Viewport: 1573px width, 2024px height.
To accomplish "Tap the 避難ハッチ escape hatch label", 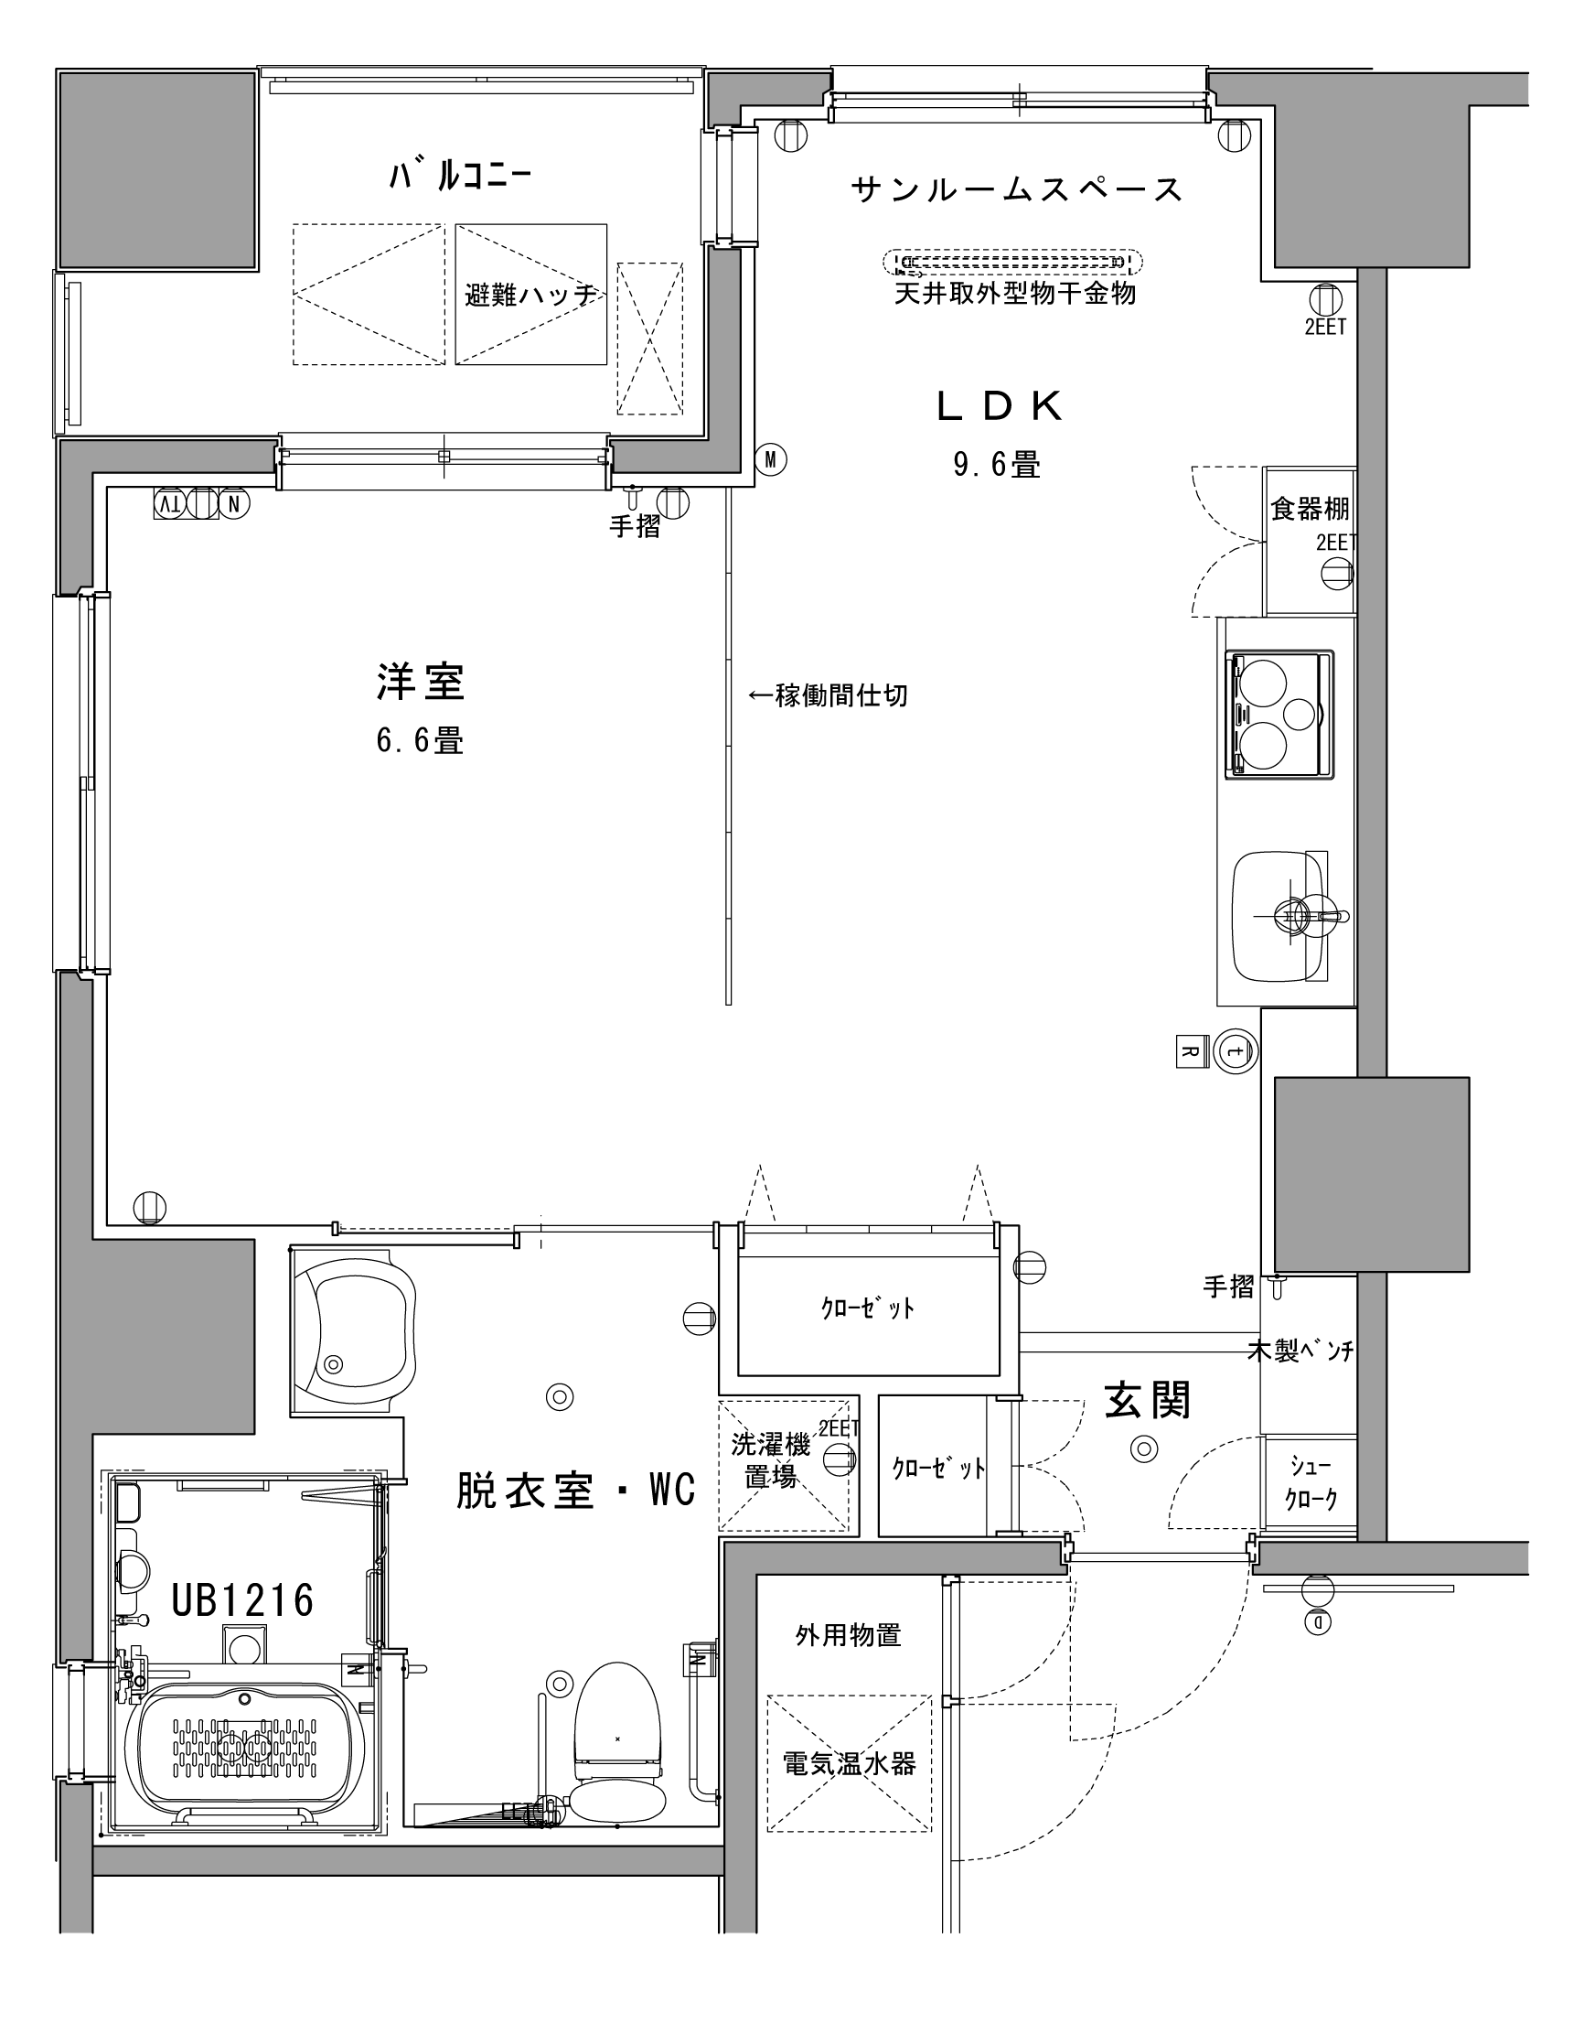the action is point(530,296).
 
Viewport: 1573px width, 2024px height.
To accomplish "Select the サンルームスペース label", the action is point(1017,190).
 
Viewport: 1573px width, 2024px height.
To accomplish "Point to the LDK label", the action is point(1000,406).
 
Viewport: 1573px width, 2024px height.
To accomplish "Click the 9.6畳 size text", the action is point(997,463).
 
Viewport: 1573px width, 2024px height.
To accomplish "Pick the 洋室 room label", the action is point(421,681).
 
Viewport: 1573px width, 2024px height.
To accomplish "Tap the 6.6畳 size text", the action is point(420,740).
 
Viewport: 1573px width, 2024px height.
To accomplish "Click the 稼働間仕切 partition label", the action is point(828,695).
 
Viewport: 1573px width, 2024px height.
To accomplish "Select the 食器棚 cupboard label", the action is point(1309,509).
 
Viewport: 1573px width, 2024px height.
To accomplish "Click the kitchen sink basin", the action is point(1279,916).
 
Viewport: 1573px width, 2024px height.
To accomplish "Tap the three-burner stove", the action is point(1279,713).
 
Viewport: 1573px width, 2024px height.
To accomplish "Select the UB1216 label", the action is point(242,1599).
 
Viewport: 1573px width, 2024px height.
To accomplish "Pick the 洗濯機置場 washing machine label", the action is point(771,1459).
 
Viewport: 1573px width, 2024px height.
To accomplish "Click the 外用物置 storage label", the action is point(849,1636).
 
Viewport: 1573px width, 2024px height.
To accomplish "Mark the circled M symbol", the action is point(770,458).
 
